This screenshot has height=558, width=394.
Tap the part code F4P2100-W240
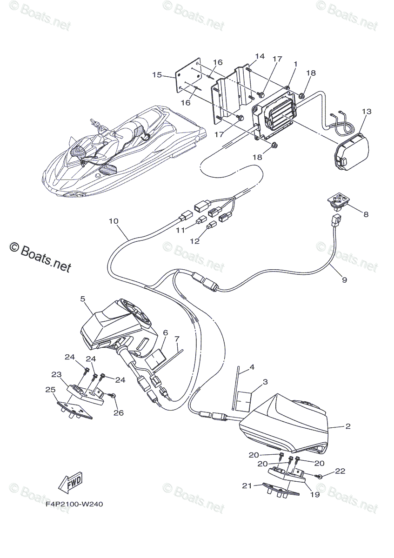[74, 504]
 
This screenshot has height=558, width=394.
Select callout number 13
[367, 112]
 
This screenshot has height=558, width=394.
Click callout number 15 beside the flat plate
[157, 74]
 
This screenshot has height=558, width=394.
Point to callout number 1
[295, 64]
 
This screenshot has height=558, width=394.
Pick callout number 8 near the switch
[366, 214]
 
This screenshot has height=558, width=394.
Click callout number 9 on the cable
[344, 279]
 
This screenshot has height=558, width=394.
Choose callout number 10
[114, 221]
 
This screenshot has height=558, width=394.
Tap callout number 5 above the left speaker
[83, 299]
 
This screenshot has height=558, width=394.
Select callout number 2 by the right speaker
[348, 426]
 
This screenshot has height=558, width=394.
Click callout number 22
[341, 471]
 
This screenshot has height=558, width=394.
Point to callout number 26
[119, 412]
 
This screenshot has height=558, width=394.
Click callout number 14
[260, 56]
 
